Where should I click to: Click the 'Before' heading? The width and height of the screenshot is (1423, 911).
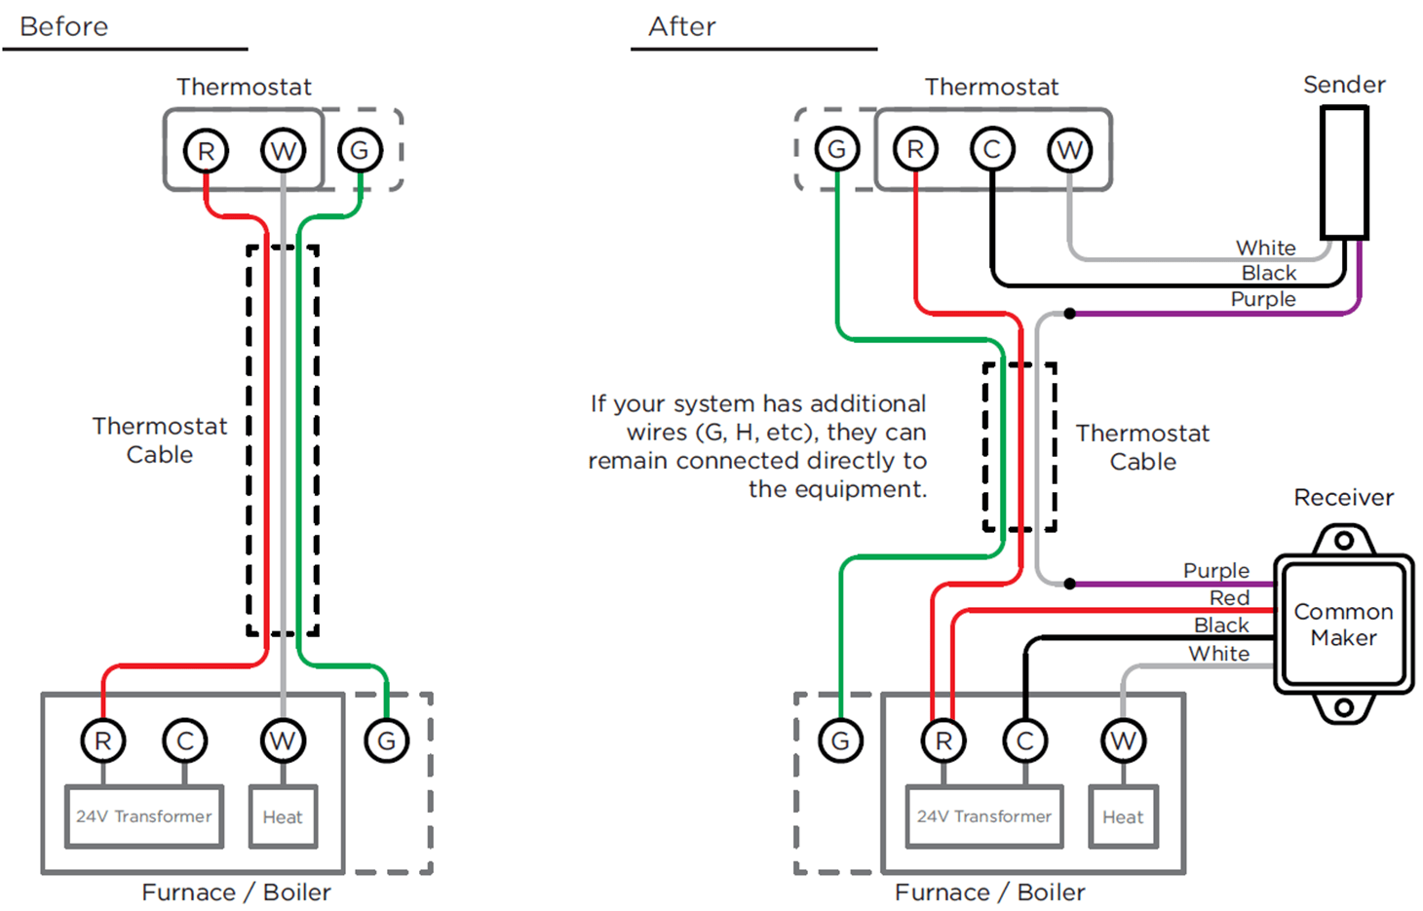pos(64,26)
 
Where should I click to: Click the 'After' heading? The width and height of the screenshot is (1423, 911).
pos(682,26)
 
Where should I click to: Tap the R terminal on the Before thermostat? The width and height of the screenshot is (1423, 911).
pos(206,151)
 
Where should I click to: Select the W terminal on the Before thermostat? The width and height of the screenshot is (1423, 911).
pos(283,151)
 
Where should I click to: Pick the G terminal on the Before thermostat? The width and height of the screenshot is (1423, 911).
pos(360,151)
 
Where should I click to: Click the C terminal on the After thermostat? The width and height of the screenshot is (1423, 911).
pos(992,150)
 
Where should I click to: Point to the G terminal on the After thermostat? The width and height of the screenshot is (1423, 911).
pos(836,150)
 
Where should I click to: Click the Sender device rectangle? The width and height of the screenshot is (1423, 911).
pos(1344,172)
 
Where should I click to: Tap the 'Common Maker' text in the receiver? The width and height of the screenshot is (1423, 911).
pos(1343,625)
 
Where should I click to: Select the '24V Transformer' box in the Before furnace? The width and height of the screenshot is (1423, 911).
pos(143,816)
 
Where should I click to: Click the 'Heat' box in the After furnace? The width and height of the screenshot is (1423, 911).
pos(1123,816)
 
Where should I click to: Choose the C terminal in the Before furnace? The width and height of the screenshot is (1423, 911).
pos(184,741)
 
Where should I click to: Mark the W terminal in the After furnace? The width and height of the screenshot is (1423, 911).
pos(1123,741)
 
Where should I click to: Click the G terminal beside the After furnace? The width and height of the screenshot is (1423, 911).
pos(840,741)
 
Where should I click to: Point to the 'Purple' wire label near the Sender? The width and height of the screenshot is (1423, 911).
pos(1263,299)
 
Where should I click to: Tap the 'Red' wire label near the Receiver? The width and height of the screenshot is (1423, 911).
pos(1229,597)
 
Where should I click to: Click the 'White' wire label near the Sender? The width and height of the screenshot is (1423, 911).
pos(1266,247)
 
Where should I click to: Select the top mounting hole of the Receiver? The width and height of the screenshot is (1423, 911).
pos(1344,540)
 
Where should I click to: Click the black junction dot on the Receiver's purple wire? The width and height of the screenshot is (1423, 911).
pos(1069,584)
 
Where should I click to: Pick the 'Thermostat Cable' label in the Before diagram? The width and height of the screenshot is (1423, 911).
pos(160,440)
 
